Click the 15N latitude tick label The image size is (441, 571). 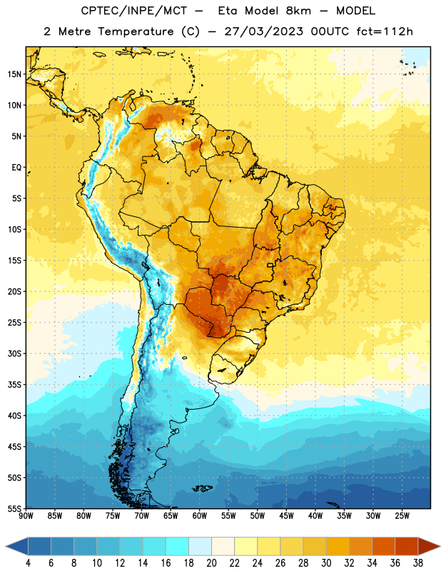coord(14,74)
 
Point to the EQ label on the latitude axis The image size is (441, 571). coord(16,168)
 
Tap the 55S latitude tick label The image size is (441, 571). coord(14,508)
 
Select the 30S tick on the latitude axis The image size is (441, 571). coord(14,353)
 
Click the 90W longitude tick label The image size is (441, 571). coord(26,516)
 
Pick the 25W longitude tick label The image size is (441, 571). coord(402,516)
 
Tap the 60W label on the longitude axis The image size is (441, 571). coord(200,516)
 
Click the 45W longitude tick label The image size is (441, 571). coord(286,516)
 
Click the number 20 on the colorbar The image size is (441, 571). coord(211,563)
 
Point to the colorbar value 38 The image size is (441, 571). coord(417,563)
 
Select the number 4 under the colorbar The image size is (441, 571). coord(28,563)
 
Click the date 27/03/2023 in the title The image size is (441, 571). coord(263,31)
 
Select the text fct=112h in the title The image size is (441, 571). coord(385,31)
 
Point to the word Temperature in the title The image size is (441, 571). coord(136,31)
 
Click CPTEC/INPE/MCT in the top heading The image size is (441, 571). coord(133,11)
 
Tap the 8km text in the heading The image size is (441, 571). coord(298,11)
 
